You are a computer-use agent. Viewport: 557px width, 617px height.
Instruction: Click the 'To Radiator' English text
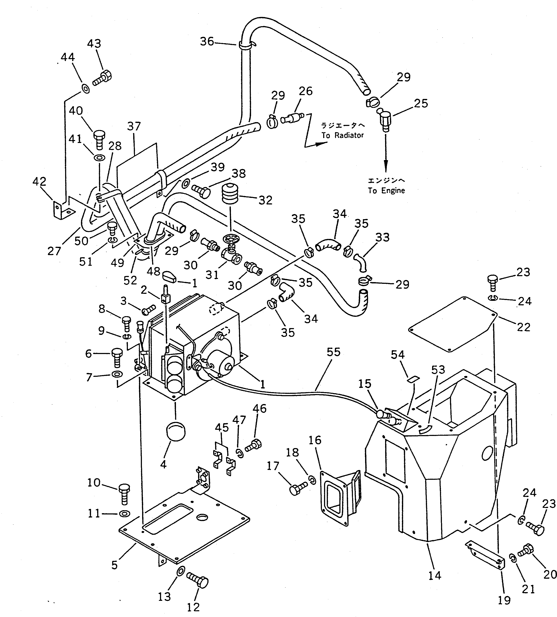click(343, 135)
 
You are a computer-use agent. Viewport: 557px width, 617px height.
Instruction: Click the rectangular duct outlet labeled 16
click(340, 500)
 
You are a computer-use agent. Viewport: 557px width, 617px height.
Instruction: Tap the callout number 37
click(134, 126)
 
